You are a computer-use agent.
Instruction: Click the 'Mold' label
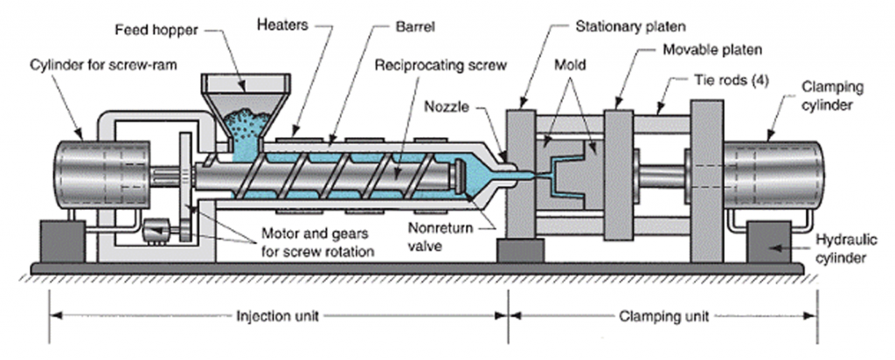(x=574, y=66)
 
